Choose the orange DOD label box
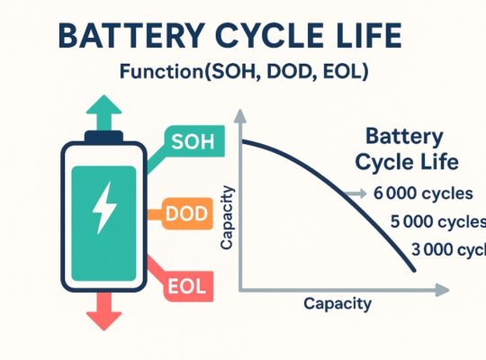tap(188, 214)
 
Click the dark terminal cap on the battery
tap(101, 138)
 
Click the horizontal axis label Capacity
tap(337, 303)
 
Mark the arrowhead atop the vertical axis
tap(241, 114)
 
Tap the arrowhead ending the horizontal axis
tap(442, 290)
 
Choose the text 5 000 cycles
tap(437, 221)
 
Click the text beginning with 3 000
tap(446, 249)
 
